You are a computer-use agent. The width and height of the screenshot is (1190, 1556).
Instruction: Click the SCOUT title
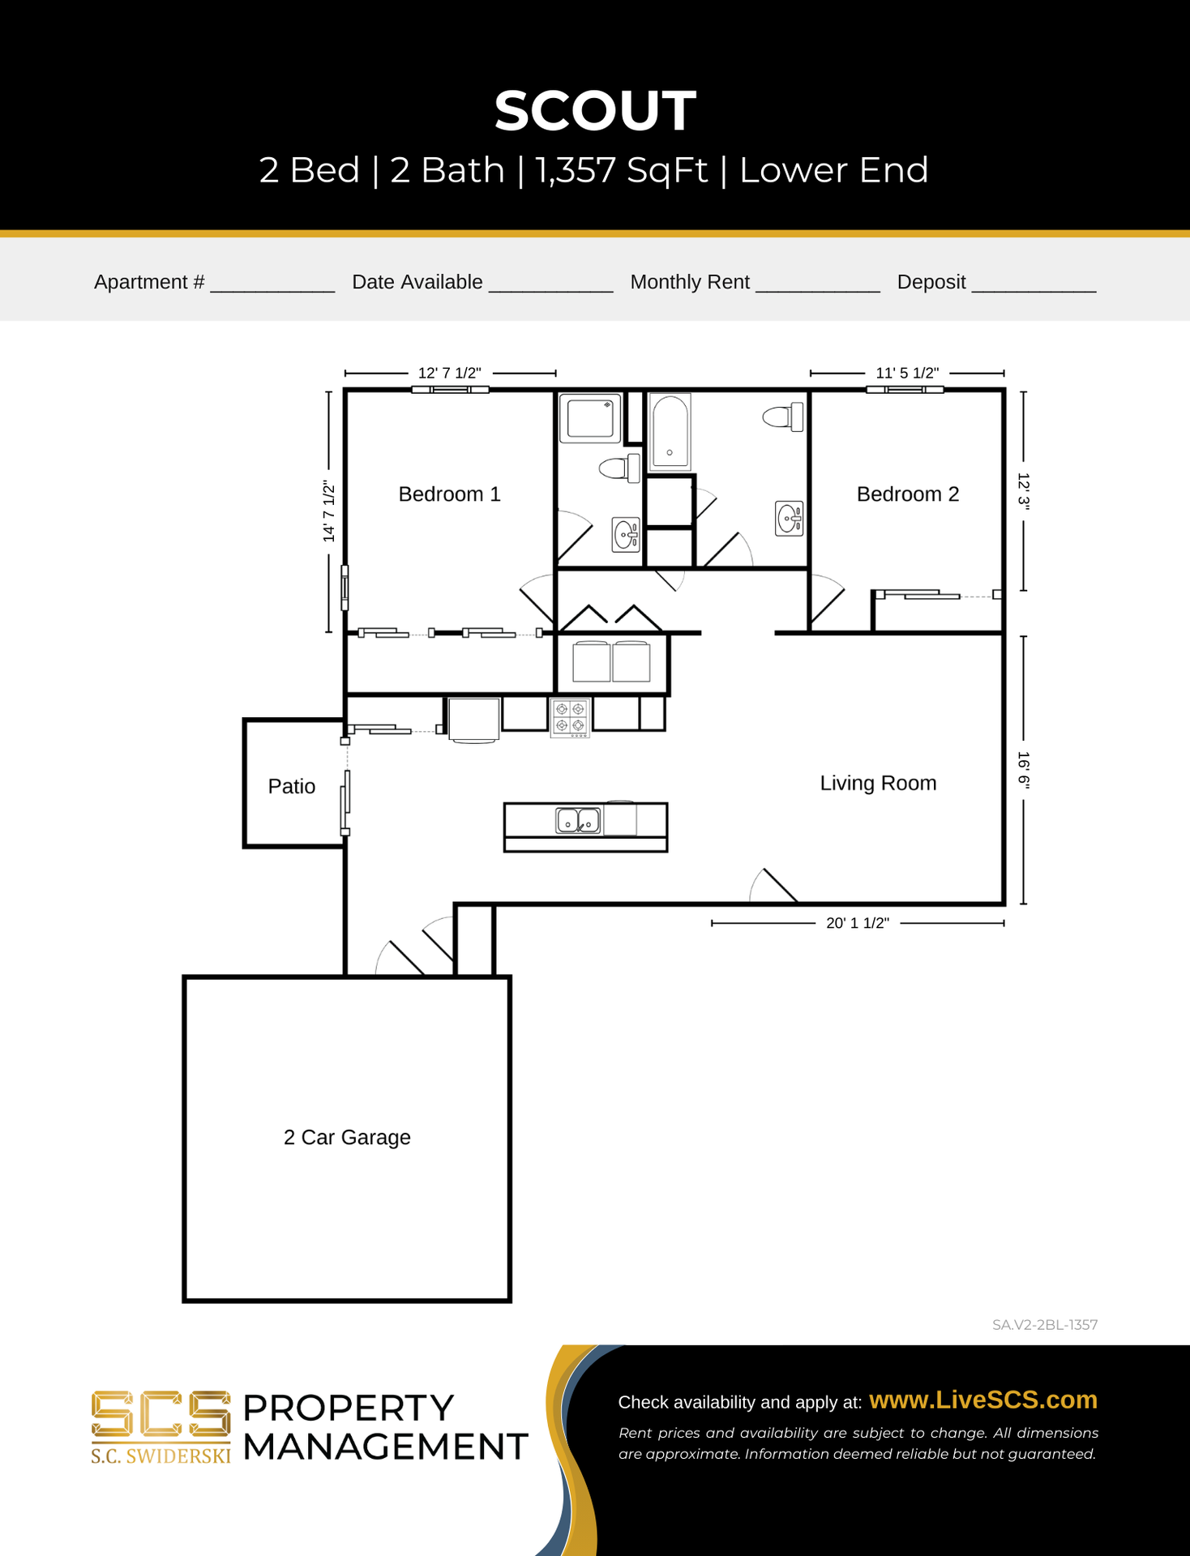coord(595,110)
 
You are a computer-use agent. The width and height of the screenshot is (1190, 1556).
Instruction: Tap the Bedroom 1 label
coord(449,494)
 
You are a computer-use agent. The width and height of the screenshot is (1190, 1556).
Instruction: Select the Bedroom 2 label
coord(908,494)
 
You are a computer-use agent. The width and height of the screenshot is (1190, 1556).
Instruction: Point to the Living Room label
coord(878,783)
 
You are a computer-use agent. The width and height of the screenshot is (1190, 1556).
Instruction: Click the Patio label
coord(292,786)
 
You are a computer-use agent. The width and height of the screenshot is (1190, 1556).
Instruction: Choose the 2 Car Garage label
coord(347,1137)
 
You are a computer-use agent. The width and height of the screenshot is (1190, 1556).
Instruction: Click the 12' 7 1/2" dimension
coord(449,373)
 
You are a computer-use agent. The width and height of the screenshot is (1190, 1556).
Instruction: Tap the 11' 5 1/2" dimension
coord(907,373)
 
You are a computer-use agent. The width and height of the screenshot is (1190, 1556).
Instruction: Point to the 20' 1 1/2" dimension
coord(858,923)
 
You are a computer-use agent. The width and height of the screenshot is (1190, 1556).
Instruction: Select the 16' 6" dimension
coord(1024,770)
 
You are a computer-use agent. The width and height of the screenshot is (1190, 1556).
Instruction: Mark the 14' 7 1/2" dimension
coord(328,511)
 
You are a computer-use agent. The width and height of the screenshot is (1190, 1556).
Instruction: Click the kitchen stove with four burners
coord(570,717)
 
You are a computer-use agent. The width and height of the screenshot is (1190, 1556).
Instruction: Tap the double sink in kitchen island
coord(578,820)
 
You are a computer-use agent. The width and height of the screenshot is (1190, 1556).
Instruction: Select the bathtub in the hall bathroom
coord(670,432)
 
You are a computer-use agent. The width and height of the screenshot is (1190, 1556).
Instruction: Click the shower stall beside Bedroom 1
coord(590,418)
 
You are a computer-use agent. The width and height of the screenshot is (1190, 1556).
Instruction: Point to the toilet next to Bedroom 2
coord(783,417)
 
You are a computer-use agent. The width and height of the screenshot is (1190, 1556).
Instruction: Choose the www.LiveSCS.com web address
coord(983,1400)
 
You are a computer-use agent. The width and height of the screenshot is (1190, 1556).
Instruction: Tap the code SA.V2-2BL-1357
coord(1045,1325)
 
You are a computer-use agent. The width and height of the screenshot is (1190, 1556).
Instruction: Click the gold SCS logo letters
coord(161,1415)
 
